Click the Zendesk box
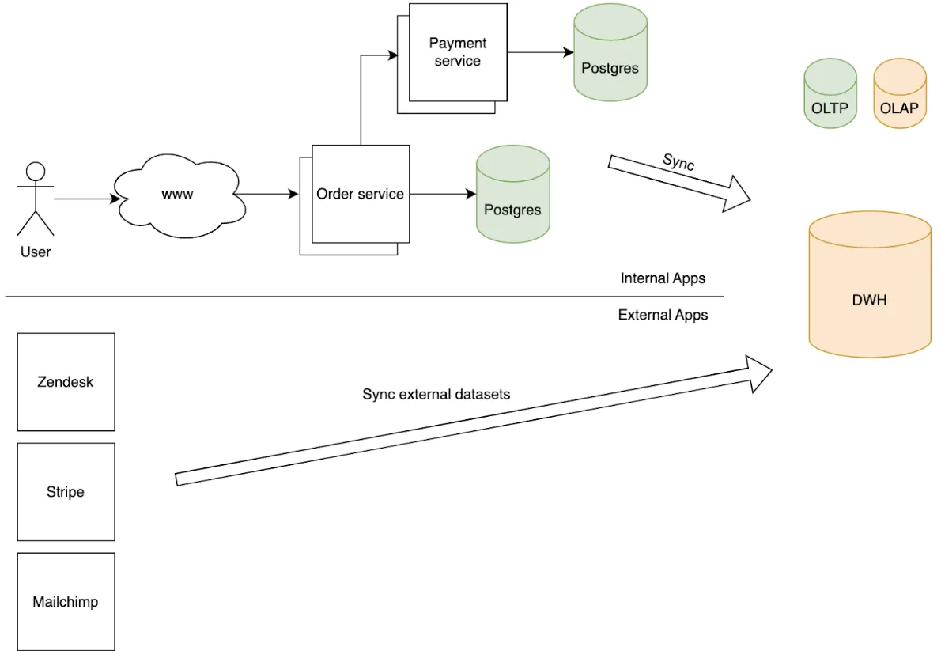coord(66,382)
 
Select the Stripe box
coord(66,492)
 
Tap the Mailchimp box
coord(66,602)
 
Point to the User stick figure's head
coord(36,171)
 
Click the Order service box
coord(361,194)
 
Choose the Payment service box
coord(458,52)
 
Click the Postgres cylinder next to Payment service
coord(610,52)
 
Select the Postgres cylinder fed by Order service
coord(513,194)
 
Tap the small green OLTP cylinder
coord(830,93)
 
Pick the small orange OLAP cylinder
coord(900,93)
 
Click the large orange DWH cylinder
coord(870,284)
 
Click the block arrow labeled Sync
coord(679,183)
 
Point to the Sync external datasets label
coord(436,394)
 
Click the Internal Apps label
coord(663,278)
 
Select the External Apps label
coord(663,315)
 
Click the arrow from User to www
coord(87,199)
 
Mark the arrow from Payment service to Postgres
coord(541,52)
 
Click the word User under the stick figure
coord(36,252)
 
